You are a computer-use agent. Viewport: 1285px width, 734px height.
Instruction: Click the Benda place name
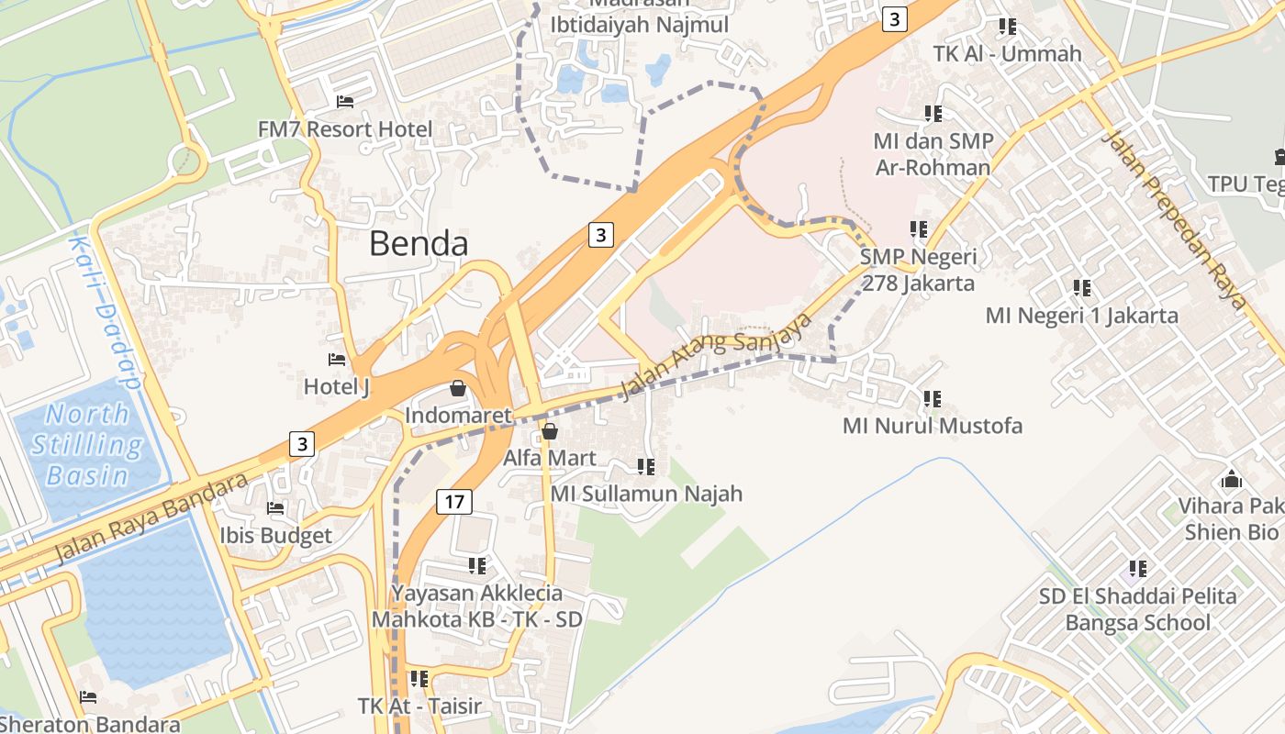pos(419,244)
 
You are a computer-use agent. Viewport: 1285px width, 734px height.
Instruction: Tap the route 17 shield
pos(453,502)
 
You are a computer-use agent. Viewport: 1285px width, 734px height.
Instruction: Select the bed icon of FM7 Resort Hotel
pos(345,101)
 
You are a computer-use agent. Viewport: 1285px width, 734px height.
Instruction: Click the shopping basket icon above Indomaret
pos(457,389)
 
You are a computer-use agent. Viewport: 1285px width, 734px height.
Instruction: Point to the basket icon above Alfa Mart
pos(550,430)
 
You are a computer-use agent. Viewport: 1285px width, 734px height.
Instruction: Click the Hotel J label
pos(337,387)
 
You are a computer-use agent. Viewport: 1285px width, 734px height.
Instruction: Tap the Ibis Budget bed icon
pos(275,507)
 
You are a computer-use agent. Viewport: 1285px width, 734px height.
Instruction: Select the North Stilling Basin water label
pos(88,445)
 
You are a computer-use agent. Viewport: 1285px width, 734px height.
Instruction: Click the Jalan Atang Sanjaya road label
pos(717,356)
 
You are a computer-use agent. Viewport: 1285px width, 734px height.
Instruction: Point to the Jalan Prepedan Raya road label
pos(1176,220)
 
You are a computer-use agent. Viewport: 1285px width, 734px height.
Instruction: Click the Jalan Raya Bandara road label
pos(151,519)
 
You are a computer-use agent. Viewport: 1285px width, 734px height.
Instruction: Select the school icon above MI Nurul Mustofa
pos(932,398)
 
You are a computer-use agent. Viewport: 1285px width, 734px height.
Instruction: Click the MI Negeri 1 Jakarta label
pos(1081,316)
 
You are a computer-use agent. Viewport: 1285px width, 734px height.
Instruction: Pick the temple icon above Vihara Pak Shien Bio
pos(1231,479)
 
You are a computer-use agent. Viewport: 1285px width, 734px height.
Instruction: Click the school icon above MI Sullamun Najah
pos(646,467)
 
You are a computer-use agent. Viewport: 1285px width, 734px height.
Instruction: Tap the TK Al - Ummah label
pos(1007,53)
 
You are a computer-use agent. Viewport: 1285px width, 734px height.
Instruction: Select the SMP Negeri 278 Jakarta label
pos(918,270)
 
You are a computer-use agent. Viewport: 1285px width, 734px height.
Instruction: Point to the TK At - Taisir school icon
pos(419,679)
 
